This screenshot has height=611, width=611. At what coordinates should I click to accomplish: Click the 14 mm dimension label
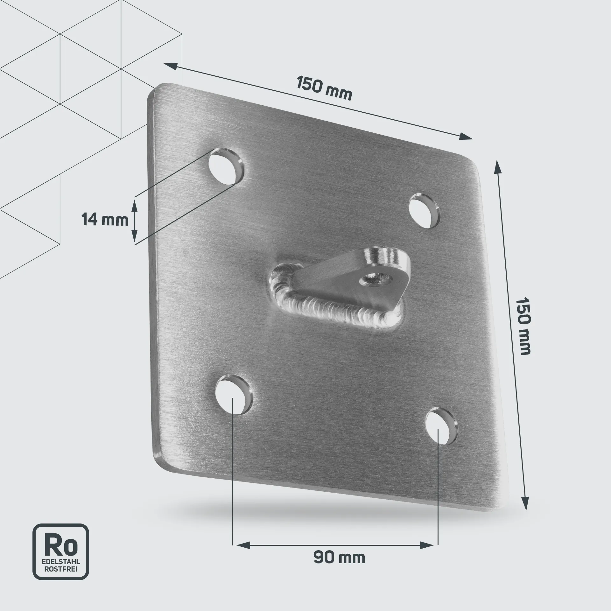click(105, 220)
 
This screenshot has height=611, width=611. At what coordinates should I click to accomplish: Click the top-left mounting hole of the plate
click(226, 166)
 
